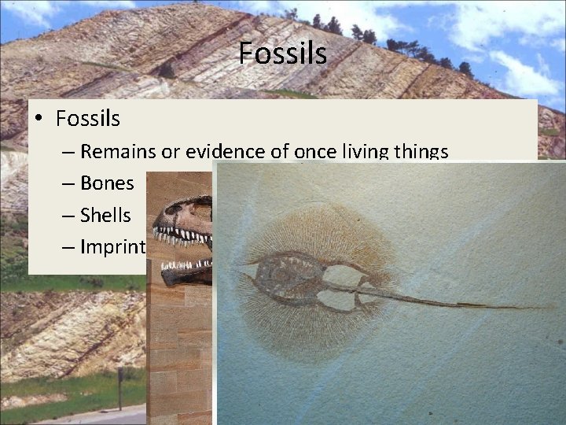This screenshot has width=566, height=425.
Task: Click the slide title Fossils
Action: point(282,54)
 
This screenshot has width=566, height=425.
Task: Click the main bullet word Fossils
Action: point(87,119)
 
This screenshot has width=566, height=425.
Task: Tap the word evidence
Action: point(223,151)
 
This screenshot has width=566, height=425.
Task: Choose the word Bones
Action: point(107,183)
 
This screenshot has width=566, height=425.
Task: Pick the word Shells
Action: point(105,216)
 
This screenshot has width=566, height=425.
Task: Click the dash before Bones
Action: point(68,184)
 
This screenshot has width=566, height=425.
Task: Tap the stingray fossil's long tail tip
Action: point(542,308)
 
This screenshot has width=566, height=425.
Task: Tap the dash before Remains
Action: point(68,152)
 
